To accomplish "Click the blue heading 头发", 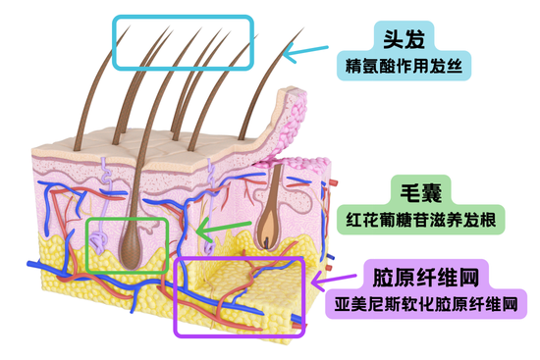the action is tap(409, 38).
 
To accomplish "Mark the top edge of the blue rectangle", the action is tap(183, 18).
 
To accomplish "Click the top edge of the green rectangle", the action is tap(128, 220).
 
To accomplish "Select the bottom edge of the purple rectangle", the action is tap(240, 334).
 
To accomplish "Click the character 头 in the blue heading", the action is tap(396, 38).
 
